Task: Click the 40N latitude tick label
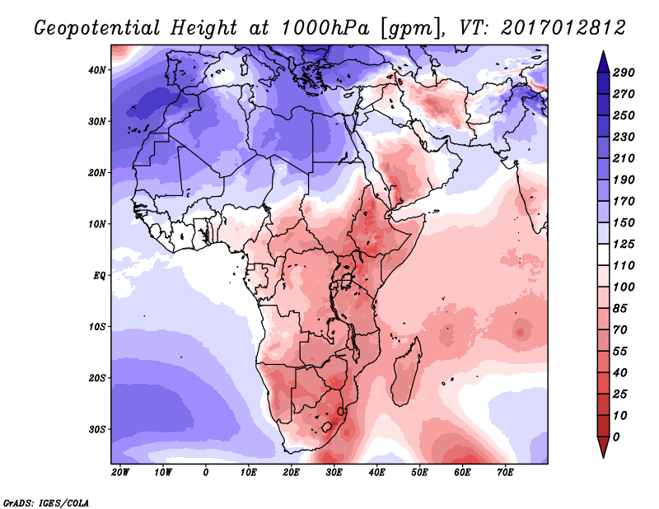(x=98, y=70)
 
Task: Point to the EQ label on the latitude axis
(x=100, y=275)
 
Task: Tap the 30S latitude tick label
(x=98, y=429)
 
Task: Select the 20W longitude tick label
(x=120, y=473)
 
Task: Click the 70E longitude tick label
(x=506, y=473)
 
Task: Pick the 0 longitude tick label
(x=206, y=473)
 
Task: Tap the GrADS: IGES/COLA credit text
(x=46, y=502)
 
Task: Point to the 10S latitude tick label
(x=98, y=327)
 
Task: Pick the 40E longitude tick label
(x=377, y=473)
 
